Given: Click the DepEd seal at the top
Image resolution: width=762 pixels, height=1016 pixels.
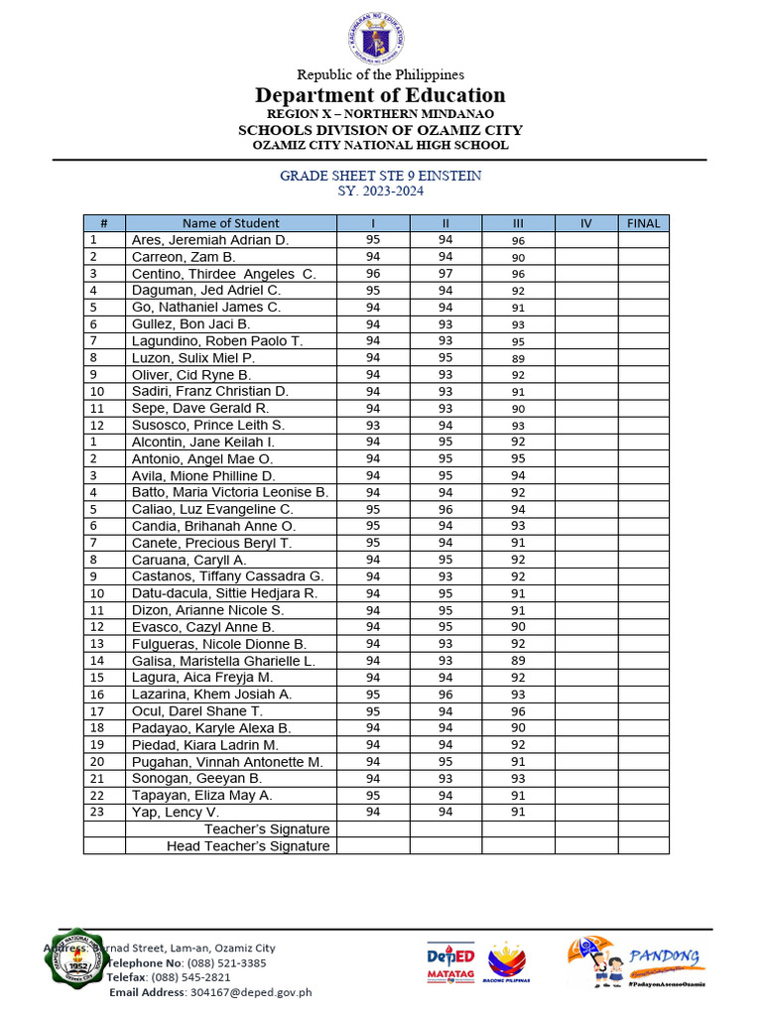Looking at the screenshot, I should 380,37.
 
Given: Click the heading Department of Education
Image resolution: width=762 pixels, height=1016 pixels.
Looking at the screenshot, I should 380,95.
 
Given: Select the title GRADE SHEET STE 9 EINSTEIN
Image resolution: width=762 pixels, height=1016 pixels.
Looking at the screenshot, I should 380,176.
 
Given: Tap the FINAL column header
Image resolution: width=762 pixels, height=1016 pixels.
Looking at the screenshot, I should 643,223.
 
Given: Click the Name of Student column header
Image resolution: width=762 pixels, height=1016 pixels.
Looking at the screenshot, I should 230,223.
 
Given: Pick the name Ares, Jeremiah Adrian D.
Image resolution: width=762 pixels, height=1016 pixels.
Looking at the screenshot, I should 209,240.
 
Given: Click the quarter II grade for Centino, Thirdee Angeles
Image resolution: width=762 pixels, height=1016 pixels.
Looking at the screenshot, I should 445,274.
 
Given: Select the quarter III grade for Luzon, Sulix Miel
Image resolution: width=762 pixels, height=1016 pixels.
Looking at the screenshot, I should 518,358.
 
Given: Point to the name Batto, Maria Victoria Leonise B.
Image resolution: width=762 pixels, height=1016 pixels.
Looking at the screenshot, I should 229,492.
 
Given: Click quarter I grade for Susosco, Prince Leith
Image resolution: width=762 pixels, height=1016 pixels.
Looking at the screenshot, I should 373,425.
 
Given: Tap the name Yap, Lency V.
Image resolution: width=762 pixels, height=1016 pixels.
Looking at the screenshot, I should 175,812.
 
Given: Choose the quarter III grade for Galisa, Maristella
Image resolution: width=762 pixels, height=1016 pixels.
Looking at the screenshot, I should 518,661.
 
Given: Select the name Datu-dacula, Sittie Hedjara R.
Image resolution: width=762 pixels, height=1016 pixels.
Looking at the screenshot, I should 224,593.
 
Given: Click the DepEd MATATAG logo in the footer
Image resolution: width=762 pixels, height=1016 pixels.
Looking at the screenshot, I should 450,961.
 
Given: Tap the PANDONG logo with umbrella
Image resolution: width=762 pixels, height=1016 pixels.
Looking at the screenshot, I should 636,961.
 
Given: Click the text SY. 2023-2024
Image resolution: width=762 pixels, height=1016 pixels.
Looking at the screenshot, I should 380,191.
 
